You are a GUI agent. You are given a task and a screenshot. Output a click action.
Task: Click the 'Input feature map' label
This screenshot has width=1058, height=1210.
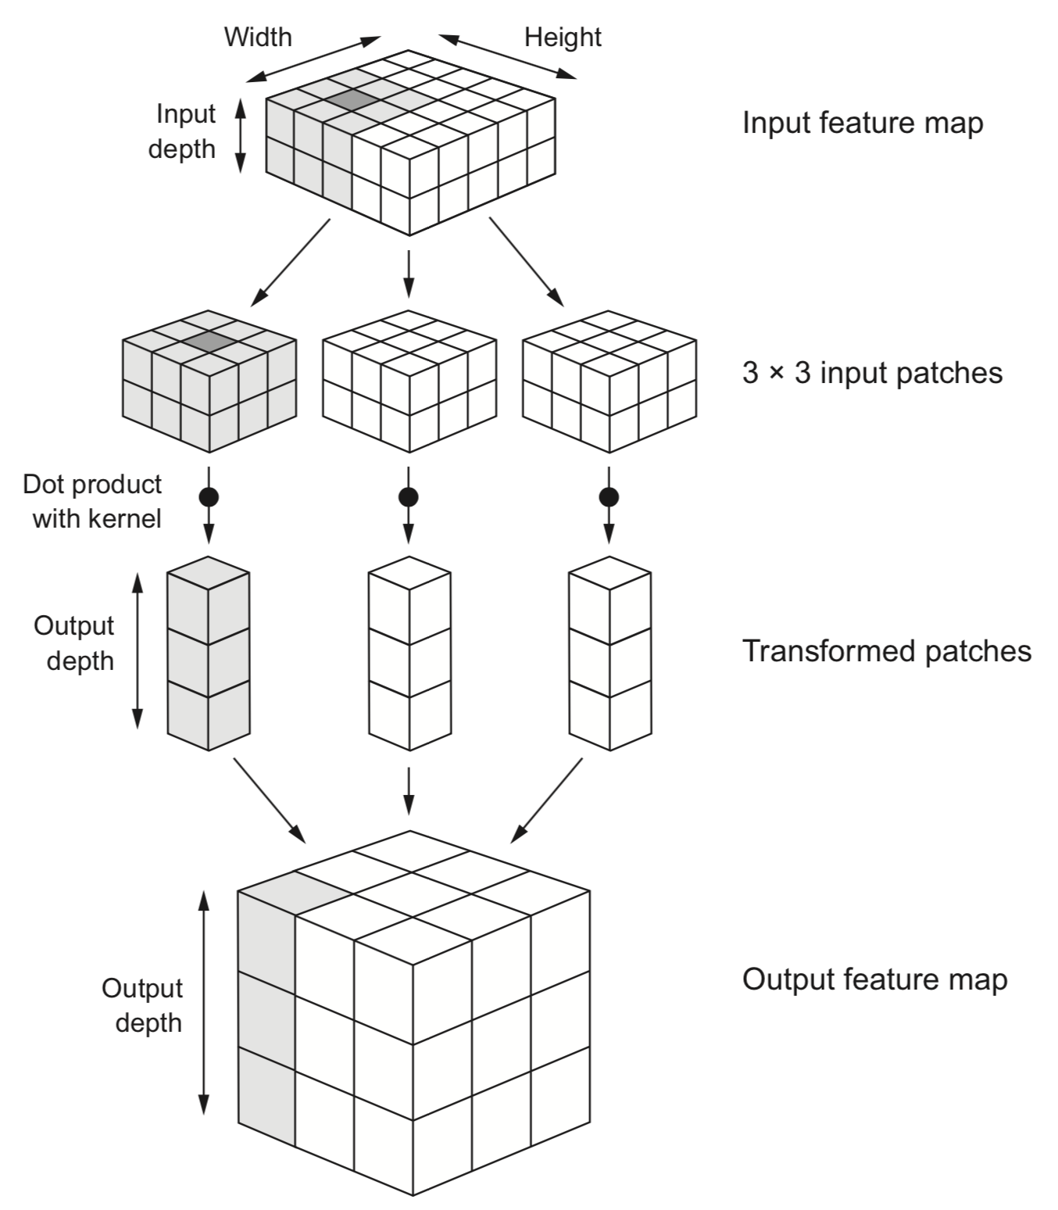pos(862,124)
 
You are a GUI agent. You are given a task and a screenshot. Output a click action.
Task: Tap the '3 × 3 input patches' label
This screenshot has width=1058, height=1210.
pos(872,373)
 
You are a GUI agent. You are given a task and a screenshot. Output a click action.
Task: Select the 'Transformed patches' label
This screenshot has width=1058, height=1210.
pos(886,651)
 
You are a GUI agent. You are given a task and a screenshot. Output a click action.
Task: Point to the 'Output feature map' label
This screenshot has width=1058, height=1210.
pos(874,979)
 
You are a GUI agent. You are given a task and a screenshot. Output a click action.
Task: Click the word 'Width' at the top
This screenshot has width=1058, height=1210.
pos(258,37)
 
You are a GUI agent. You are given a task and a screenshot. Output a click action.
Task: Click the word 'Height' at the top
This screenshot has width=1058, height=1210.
pos(563,37)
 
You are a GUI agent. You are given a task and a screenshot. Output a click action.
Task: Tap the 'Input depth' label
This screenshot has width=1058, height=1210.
pos(183,131)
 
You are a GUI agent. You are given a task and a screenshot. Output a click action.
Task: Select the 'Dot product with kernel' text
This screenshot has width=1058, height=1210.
pos(93,502)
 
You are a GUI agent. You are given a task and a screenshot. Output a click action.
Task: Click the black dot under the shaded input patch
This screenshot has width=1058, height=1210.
pos(209,496)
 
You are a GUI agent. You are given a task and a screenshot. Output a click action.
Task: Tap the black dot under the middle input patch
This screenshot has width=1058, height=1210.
pos(408,496)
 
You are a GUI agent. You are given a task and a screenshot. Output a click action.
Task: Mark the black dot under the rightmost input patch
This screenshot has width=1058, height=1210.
pos(609,496)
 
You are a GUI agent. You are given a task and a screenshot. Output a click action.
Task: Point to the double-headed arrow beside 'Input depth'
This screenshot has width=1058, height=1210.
pos(241,134)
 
